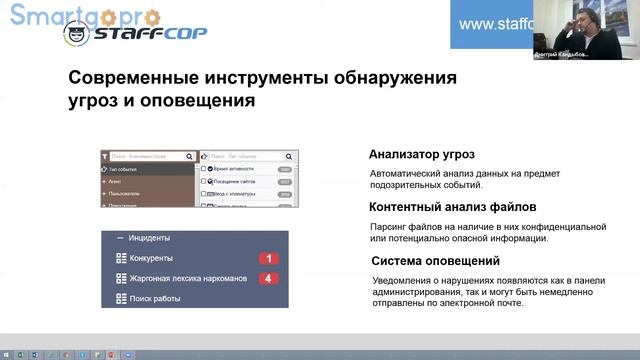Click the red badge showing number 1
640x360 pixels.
pos(269,259)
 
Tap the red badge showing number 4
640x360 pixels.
pos(269,278)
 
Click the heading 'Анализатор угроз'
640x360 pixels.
pos(421,155)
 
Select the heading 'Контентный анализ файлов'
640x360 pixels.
pos(447,208)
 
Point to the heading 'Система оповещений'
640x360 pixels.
pos(430,262)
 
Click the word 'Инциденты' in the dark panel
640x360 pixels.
pos(149,238)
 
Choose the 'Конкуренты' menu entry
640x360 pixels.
pos(151,259)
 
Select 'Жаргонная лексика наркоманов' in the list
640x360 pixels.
pos(186,278)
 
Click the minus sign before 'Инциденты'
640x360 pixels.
pos(120,238)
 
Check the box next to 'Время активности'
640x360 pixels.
pos(205,169)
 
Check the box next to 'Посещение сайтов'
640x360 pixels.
pos(205,181)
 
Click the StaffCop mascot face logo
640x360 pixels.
pos(76,35)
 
